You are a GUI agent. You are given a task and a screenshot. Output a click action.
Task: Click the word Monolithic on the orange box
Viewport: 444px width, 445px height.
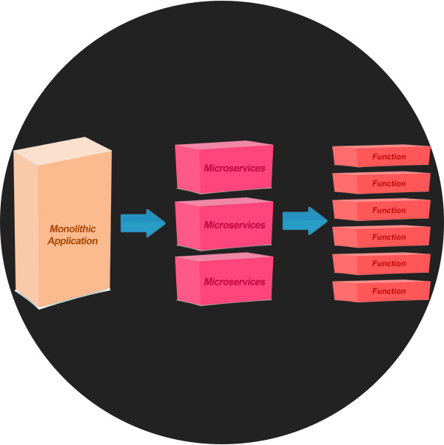tap(73, 229)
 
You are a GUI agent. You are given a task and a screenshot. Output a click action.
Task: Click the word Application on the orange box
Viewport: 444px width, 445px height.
tap(73, 241)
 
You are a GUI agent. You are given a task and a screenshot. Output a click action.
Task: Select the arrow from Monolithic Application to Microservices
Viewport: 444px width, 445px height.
tap(143, 222)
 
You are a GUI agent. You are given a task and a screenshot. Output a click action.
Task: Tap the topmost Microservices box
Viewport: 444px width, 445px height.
tap(223, 168)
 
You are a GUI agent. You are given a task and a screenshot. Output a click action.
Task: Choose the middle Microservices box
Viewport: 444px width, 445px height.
tap(223, 224)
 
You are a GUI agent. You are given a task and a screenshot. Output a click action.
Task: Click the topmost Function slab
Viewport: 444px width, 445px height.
tap(381, 156)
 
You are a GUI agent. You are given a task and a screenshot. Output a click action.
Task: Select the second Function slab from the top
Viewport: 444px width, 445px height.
tap(381, 183)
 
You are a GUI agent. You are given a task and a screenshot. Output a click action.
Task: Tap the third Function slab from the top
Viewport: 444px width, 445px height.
tap(381, 210)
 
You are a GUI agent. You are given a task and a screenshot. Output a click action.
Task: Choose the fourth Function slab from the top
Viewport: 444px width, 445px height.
tap(381, 237)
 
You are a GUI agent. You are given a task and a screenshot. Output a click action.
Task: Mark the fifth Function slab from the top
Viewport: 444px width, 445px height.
tap(381, 264)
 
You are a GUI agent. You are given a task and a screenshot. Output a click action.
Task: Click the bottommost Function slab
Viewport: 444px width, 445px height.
tap(381, 291)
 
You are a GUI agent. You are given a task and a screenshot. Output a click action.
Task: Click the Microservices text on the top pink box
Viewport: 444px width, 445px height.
tap(235, 169)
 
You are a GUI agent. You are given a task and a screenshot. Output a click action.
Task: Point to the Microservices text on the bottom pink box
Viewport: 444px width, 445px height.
tap(235, 282)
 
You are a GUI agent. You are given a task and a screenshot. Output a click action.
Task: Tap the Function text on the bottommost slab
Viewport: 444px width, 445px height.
tap(389, 291)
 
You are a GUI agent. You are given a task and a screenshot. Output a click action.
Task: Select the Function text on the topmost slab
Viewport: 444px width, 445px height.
tap(389, 157)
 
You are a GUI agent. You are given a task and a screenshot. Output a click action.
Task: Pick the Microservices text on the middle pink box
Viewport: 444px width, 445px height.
tap(235, 225)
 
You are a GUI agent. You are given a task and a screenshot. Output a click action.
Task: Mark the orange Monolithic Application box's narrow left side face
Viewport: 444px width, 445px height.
tap(27, 229)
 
